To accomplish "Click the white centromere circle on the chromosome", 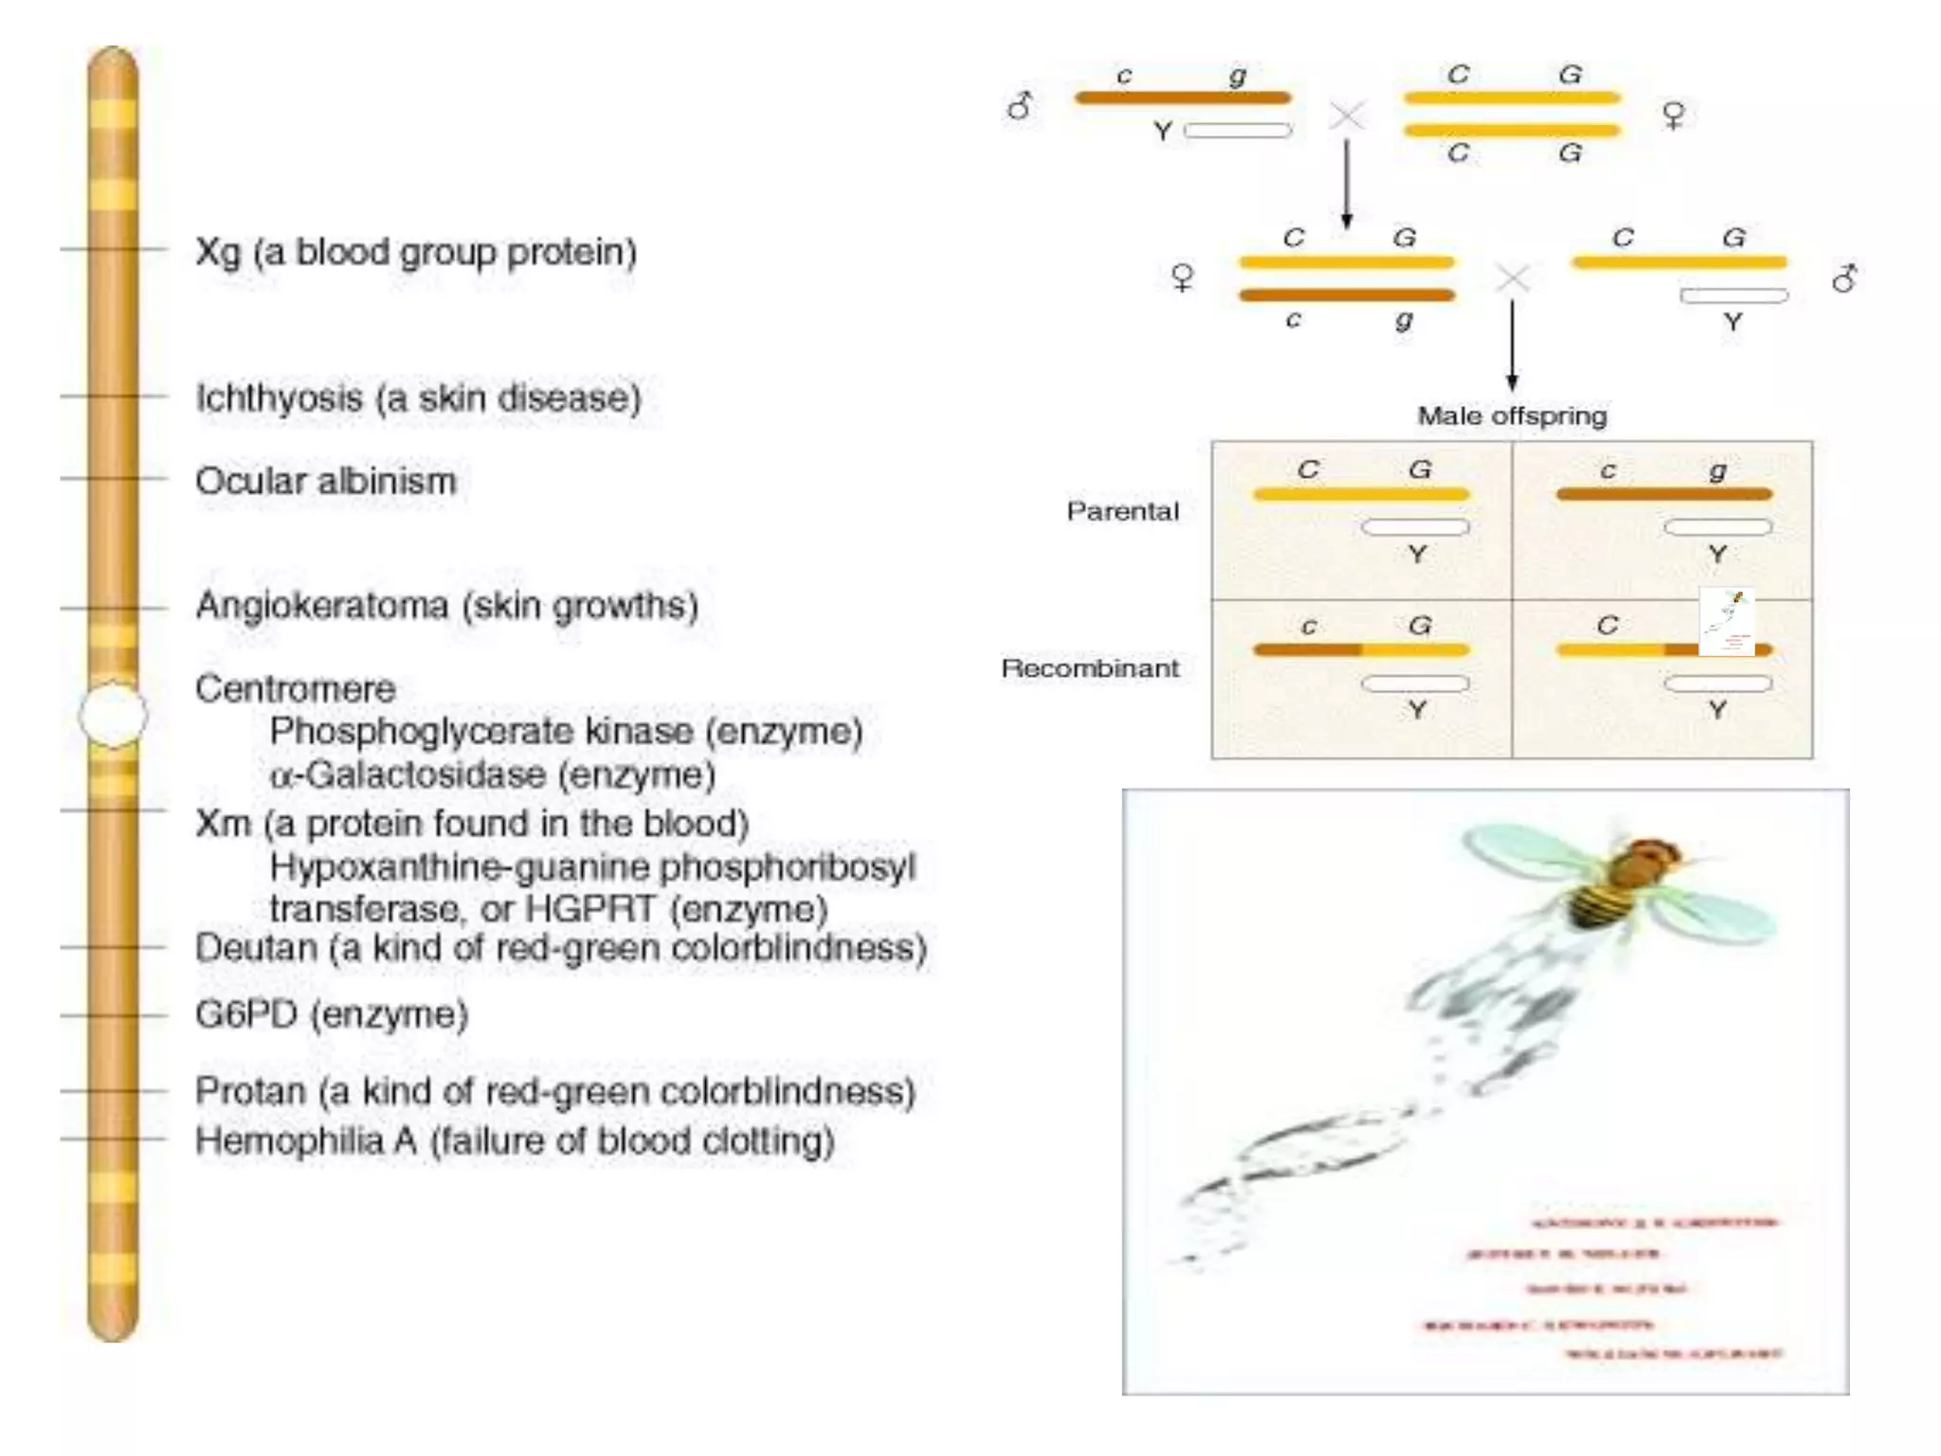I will click(113, 715).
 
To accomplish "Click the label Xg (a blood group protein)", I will click(415, 252).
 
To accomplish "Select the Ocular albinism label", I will click(325, 482).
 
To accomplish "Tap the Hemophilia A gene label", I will click(514, 1140).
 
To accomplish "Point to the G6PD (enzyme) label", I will click(332, 1015).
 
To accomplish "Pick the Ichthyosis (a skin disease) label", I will click(418, 398).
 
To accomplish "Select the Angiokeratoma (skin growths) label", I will click(446, 606).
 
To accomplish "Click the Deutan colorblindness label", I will click(560, 948).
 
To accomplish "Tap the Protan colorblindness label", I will click(554, 1092).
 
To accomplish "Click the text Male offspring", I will click(1512, 416).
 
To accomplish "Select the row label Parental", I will click(1122, 512).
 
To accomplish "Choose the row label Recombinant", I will click(1090, 668).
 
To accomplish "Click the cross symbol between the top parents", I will click(1346, 117).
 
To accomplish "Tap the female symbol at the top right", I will click(1674, 116).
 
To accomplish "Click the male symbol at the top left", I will click(1019, 105).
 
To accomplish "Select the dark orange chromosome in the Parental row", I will click(1663, 494).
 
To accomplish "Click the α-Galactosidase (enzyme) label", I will click(492, 775).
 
